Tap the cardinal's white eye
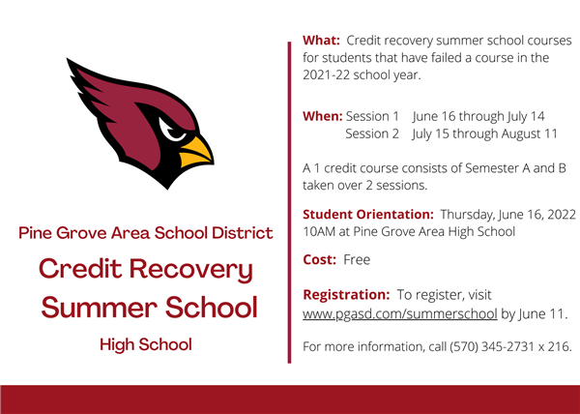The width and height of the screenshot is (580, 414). point(171,131)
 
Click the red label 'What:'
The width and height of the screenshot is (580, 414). point(321,41)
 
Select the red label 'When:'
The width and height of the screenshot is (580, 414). point(323,116)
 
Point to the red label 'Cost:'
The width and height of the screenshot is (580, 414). point(320,260)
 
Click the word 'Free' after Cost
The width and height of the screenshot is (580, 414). point(357,260)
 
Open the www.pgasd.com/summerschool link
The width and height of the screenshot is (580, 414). point(400,314)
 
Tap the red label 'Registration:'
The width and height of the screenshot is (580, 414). point(346,295)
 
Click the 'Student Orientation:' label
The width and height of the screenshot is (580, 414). point(368,215)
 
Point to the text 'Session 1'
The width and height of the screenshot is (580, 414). point(372,116)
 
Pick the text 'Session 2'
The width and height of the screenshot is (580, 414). point(372,133)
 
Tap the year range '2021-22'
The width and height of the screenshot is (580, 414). point(327,75)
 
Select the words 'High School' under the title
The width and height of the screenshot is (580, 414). point(146,344)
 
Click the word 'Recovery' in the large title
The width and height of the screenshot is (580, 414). point(191,270)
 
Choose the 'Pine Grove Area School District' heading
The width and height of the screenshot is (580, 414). point(146,233)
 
